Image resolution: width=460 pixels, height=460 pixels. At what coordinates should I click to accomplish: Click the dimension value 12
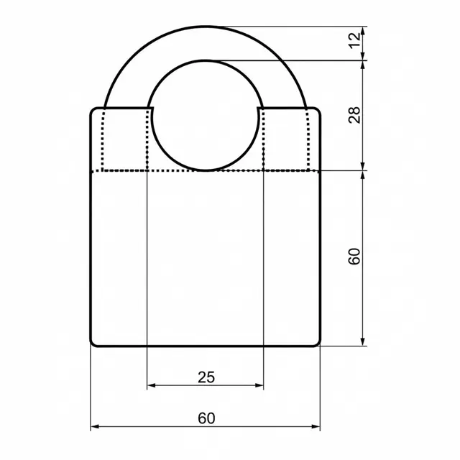355,41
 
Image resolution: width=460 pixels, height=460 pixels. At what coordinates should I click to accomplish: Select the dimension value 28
355,115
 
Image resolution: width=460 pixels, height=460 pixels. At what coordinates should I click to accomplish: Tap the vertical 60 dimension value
355,257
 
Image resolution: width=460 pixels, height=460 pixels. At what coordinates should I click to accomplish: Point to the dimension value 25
206,377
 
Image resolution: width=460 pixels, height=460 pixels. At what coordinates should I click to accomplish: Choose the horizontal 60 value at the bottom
206,418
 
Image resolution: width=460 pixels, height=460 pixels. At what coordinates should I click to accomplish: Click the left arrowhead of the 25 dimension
151,385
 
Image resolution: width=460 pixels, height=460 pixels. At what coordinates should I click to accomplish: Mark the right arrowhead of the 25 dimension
259,385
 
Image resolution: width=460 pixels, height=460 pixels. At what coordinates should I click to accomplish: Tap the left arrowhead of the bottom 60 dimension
95,426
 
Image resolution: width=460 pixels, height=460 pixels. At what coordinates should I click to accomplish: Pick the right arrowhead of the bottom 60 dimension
316,426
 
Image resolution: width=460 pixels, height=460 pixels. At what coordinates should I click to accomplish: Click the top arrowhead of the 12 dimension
363,31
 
